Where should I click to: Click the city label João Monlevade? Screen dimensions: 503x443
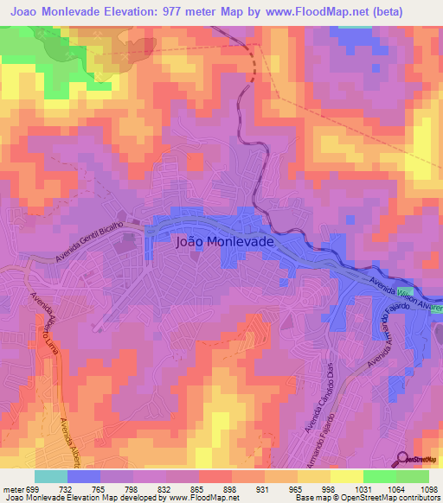point(224,243)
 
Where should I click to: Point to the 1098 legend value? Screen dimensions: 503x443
point(430,489)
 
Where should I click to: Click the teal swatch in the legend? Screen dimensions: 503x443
point(51,476)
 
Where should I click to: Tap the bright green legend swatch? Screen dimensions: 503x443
point(379,476)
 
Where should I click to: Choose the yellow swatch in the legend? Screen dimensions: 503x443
point(346,476)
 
